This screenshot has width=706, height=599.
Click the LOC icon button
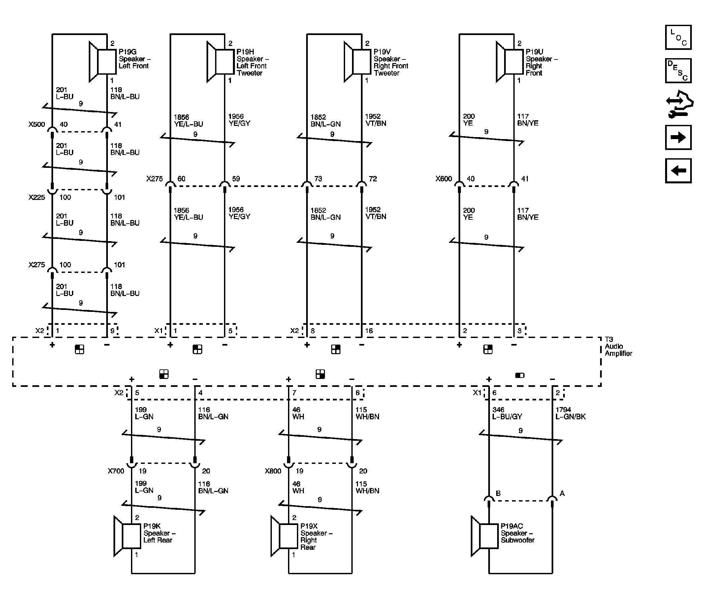pos(678,37)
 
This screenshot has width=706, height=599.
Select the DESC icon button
pos(678,71)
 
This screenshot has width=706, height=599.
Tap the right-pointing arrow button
pos(678,137)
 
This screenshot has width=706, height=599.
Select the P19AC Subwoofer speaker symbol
pos(485,536)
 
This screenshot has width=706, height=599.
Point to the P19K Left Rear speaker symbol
pos(127,536)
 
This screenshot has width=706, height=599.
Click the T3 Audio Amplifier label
pos(618,346)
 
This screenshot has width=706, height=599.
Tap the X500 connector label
pos(37,124)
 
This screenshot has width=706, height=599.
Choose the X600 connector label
pos(443,179)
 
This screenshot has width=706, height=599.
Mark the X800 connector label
pos(273,471)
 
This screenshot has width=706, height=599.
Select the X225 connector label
pos(37,197)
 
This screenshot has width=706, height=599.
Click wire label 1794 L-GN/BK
pos(570,413)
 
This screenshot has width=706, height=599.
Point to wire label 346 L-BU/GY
pos(507,413)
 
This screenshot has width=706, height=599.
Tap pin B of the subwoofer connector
pos(498,493)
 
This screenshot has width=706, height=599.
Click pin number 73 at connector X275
pos(318,179)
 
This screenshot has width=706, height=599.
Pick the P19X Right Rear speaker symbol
pos(284,536)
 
